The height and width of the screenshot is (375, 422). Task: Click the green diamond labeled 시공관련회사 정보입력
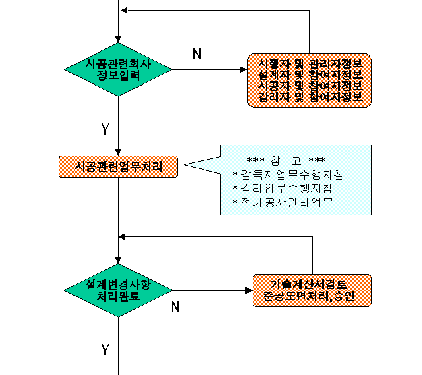pos(118,69)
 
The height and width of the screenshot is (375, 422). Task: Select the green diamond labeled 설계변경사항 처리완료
pos(118,290)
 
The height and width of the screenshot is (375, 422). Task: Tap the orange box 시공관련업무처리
pos(118,167)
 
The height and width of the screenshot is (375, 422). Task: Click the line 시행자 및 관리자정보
pos(310,63)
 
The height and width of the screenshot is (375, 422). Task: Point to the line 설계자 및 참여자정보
pos(310,75)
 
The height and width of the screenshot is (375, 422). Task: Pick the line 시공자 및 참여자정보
pos(310,86)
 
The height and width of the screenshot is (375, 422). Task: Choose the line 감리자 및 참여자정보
pos(310,97)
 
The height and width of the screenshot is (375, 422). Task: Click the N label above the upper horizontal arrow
pos(198,54)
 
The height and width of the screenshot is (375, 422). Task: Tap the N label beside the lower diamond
pos(175,307)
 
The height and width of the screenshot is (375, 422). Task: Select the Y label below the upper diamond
pos(105,129)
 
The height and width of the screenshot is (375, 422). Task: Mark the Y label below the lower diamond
pos(105,349)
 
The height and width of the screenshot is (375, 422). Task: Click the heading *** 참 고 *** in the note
pos(286,161)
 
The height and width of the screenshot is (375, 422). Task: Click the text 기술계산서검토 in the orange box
pos(309,284)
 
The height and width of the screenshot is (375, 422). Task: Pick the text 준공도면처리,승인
pos(309,296)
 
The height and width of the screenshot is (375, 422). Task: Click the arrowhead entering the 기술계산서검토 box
pos(249,291)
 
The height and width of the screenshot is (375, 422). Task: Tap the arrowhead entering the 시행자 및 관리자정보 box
pos(243,69)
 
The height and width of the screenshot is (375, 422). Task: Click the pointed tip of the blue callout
pos(185,164)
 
